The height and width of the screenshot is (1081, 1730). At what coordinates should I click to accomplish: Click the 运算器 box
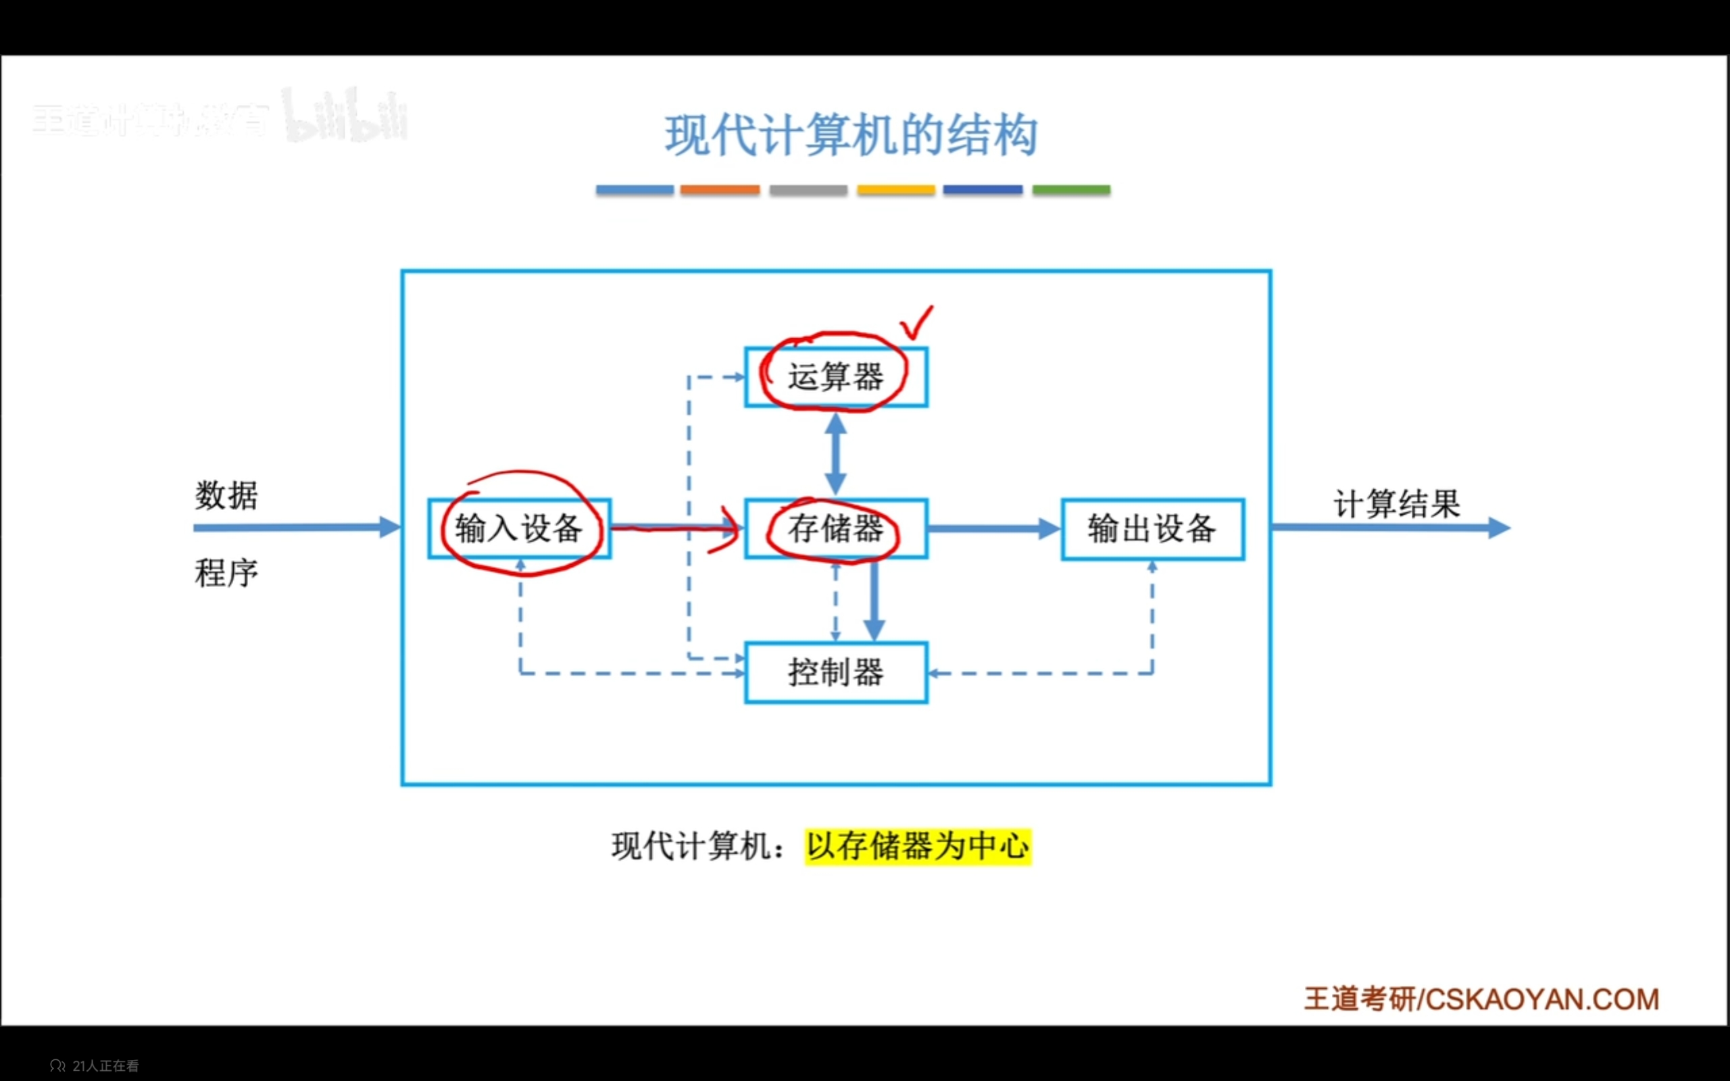coord(836,377)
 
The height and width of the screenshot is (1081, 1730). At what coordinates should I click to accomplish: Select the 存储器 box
coord(836,528)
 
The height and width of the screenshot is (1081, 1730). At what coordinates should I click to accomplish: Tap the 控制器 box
coord(836,672)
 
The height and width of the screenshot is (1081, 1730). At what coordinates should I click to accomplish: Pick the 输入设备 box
coord(519,528)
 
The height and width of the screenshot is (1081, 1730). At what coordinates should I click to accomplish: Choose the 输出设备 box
coord(1152,529)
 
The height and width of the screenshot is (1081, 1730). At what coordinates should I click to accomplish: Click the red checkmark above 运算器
coord(916,323)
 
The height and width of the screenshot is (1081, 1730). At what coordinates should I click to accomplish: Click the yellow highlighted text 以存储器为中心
coord(918,847)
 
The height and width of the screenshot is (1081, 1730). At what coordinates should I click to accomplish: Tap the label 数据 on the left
coord(226,495)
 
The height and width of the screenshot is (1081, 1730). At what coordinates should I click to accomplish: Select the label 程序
coord(226,573)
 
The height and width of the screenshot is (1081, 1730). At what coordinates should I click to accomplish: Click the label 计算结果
coord(1396,504)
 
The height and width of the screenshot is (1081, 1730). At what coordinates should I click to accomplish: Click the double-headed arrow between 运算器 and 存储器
coord(836,453)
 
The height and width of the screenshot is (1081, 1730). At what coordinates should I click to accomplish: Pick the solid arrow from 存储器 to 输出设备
coord(993,529)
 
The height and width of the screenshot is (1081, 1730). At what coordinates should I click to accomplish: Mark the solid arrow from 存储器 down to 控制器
coord(874,601)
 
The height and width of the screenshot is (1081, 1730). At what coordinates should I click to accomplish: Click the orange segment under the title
coord(719,190)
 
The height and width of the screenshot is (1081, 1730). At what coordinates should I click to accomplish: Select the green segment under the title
coord(1071,190)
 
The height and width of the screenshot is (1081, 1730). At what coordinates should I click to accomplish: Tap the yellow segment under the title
coord(895,190)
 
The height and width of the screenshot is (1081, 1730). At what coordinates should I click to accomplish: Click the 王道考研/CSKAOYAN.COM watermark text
coord(1481,999)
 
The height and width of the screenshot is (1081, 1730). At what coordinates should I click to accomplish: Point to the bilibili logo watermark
coord(346,116)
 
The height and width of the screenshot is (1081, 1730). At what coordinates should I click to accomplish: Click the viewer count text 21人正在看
coord(105,1066)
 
